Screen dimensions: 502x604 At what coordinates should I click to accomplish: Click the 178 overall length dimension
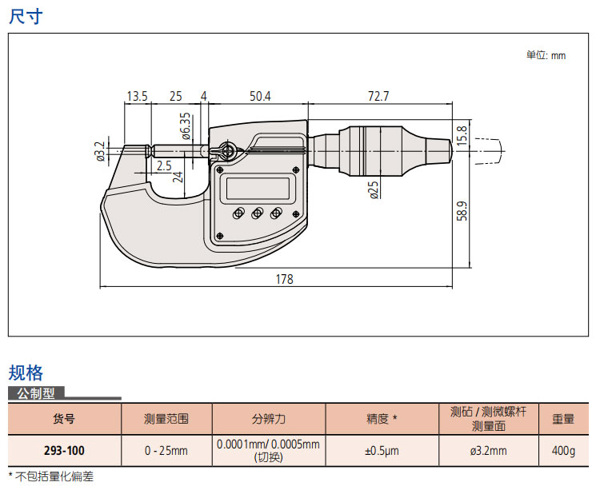(x=284, y=280)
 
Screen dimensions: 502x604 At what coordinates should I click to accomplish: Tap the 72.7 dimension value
(x=378, y=96)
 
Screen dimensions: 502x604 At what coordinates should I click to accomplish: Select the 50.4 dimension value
(x=260, y=96)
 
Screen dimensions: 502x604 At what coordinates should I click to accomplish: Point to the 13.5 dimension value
(x=137, y=96)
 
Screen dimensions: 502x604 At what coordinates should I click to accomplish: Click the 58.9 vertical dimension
(x=462, y=215)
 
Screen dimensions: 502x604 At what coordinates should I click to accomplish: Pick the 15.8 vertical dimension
(x=462, y=134)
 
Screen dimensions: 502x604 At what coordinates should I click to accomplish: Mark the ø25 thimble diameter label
(x=374, y=191)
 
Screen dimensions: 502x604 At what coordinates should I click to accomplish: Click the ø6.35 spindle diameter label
(x=186, y=125)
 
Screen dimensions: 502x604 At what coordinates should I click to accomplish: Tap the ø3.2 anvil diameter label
(x=100, y=150)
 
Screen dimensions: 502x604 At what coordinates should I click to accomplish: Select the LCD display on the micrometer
(x=258, y=189)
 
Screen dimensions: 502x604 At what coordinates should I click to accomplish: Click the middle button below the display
(x=258, y=213)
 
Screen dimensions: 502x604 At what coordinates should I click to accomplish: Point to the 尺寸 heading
(x=26, y=17)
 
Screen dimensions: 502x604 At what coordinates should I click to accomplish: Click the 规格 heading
(x=26, y=373)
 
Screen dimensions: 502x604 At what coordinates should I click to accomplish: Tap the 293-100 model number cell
(x=64, y=450)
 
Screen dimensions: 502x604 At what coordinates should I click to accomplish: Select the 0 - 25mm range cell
(x=166, y=450)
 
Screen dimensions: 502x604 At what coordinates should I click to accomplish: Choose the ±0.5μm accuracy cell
(x=382, y=450)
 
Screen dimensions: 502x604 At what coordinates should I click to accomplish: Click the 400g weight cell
(x=563, y=450)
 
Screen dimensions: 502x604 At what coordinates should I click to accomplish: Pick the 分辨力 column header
(x=269, y=418)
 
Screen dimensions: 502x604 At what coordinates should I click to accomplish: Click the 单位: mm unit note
(x=546, y=55)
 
